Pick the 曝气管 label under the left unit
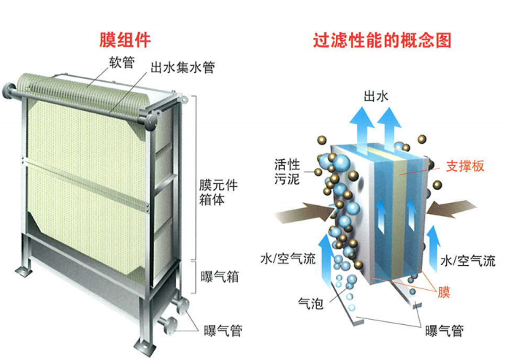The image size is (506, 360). pos(223,330)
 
